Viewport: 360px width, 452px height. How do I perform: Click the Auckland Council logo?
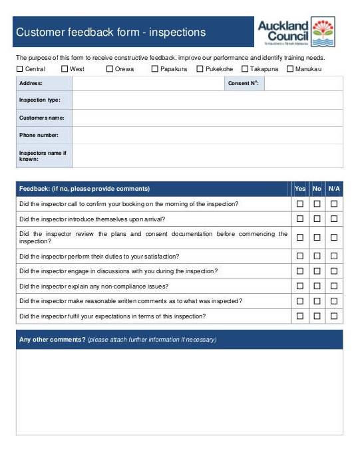[296, 31]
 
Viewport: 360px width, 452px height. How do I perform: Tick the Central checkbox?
[20, 68]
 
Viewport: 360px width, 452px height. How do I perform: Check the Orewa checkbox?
[110, 68]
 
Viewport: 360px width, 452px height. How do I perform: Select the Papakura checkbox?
[155, 68]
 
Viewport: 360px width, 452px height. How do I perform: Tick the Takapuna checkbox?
[245, 68]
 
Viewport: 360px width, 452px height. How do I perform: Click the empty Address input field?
[147, 84]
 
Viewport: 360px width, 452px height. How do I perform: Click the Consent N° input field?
[303, 84]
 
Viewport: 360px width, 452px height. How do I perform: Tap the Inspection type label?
[40, 100]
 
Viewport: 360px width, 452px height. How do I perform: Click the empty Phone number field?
[207, 136]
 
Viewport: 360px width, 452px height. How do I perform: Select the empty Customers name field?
[207, 118]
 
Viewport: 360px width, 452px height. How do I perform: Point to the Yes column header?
[300, 189]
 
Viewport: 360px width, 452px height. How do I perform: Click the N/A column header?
[334, 189]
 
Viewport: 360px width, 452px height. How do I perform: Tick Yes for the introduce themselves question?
[300, 219]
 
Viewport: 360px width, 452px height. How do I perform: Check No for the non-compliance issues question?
[317, 286]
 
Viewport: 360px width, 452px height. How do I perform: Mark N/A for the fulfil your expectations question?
[334, 316]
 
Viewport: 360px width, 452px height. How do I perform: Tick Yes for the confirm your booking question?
[300, 204]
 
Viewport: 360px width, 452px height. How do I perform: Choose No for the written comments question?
[317, 301]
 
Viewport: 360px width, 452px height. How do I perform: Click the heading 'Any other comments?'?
[52, 340]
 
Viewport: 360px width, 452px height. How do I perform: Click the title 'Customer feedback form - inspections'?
[111, 32]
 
